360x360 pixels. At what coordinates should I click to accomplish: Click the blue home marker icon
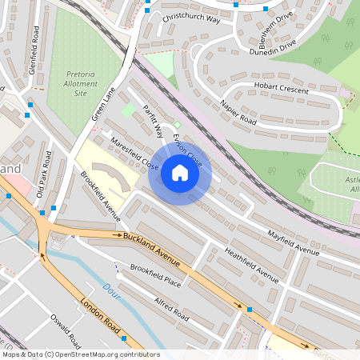pos(180,172)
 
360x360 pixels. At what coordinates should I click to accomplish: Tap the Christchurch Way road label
pos(190,17)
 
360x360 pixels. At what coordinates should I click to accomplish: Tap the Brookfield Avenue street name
pos(99,195)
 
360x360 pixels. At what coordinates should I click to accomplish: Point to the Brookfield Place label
pos(156,276)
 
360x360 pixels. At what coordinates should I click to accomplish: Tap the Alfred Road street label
pos(170,306)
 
